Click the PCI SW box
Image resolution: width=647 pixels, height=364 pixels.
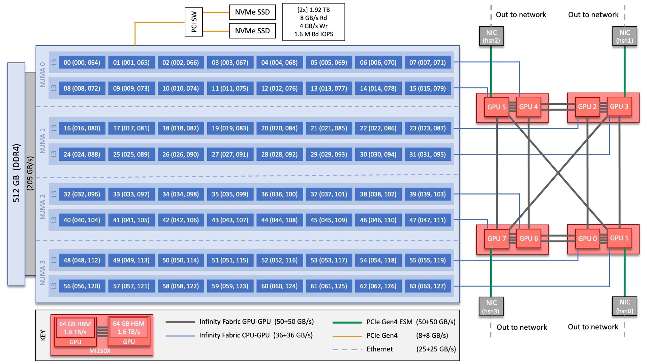194,22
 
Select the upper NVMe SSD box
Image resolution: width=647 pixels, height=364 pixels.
252,12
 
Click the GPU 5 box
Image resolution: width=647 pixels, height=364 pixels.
496,107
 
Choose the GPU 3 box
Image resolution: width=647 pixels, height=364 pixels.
619,107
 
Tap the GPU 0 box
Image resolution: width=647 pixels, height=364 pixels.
587,239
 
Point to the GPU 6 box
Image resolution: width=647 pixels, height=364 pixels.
528,238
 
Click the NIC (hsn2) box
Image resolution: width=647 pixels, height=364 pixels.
491,36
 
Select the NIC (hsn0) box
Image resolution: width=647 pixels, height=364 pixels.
624,306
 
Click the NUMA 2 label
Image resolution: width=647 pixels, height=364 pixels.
42,207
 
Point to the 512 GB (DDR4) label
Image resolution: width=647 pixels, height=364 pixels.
16,173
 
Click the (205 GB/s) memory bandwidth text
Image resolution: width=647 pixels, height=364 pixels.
30,173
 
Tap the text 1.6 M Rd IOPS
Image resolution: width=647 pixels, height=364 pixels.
313,34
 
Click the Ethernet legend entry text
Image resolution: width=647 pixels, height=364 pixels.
379,349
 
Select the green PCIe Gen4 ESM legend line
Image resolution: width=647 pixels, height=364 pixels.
347,323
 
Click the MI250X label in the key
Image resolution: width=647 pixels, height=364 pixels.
100,351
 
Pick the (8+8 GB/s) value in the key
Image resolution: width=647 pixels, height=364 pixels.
432,336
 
